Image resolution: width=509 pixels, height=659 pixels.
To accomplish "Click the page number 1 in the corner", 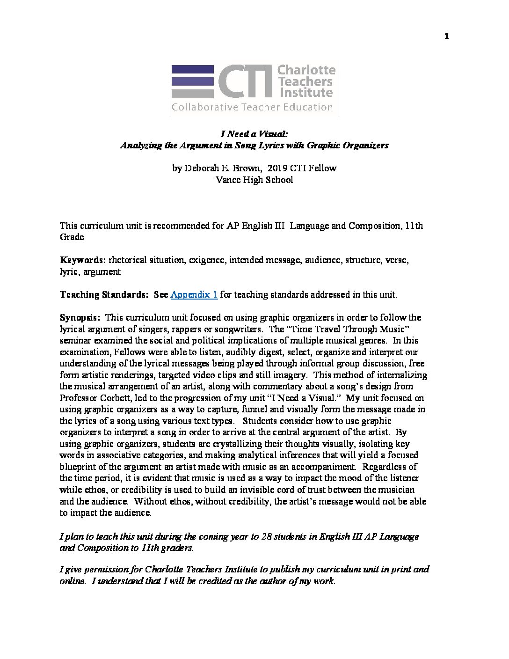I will pyautogui.click(x=447, y=37).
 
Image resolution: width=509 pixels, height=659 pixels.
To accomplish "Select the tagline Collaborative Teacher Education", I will pyautogui.click(x=252, y=108).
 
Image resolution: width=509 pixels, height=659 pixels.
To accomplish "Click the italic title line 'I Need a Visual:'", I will pyautogui.click(x=254, y=134).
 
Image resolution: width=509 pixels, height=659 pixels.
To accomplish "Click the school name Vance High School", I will pyautogui.click(x=254, y=180).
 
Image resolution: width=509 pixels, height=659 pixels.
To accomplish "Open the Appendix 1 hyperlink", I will pyautogui.click(x=194, y=295).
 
